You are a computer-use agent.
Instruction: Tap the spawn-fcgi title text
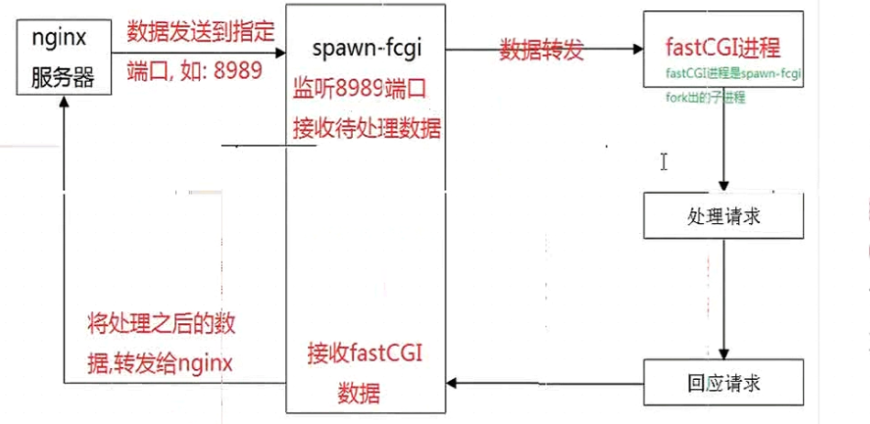tap(366, 47)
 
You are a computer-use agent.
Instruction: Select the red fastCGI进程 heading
tap(724, 47)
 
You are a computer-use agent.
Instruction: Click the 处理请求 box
tap(724, 217)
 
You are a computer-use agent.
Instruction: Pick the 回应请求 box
tap(724, 383)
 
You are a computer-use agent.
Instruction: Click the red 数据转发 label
tap(542, 50)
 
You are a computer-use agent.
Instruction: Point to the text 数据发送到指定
tap(200, 32)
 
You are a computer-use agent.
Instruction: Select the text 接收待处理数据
tap(367, 128)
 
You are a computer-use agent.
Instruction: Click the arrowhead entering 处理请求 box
tap(724, 186)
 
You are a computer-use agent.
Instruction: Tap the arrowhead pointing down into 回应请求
tap(724, 353)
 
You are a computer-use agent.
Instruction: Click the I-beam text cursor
tap(663, 162)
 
